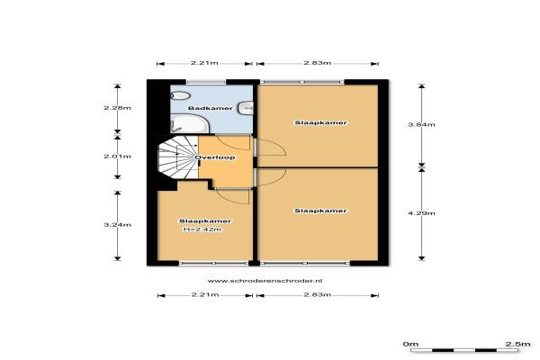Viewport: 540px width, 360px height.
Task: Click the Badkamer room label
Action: (211, 108)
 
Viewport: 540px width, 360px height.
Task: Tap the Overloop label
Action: (215, 157)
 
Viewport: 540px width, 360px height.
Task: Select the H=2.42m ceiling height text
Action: (202, 229)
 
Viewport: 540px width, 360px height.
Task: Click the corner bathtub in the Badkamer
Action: (189, 123)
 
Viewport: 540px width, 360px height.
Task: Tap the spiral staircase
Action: (178, 157)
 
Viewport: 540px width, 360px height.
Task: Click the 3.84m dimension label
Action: (421, 124)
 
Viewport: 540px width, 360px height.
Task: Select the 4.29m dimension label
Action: (421, 213)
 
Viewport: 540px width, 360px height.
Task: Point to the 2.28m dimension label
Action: (117, 108)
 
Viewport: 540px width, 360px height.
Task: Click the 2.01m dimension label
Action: (117, 157)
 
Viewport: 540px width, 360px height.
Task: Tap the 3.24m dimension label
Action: (117, 225)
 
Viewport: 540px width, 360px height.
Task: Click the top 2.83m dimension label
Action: (317, 63)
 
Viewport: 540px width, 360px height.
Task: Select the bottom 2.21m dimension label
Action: (205, 295)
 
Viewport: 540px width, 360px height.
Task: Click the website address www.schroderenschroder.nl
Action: (265, 281)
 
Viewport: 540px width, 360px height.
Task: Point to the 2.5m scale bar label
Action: (517, 344)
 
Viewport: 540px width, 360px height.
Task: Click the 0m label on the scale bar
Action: (410, 344)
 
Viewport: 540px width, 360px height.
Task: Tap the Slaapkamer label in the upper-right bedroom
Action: (320, 122)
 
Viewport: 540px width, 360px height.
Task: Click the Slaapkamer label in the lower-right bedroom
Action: (320, 211)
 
